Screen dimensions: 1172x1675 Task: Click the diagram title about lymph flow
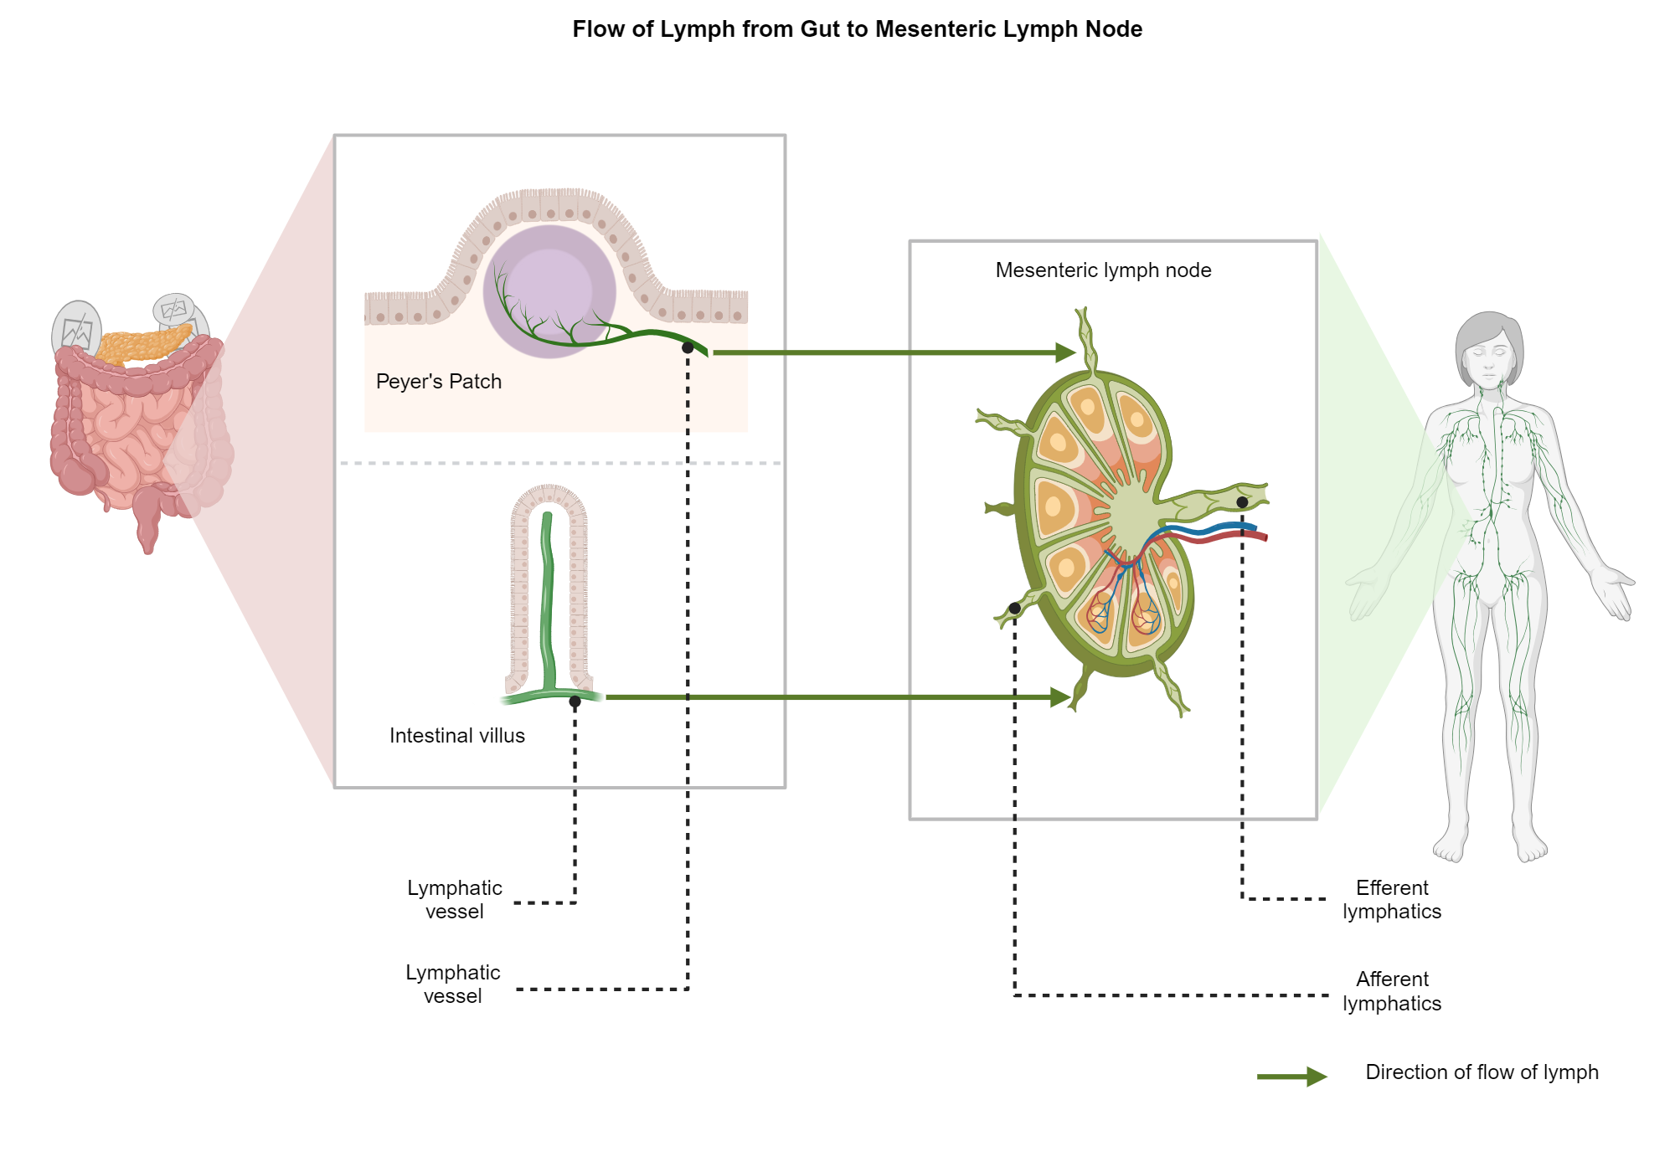point(857,29)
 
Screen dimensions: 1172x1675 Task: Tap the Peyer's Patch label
point(438,382)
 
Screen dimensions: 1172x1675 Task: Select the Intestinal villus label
point(456,736)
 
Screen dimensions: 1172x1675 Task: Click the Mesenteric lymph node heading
point(1103,270)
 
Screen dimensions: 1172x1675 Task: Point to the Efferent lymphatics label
point(1391,900)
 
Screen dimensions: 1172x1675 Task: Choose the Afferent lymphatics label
point(1391,991)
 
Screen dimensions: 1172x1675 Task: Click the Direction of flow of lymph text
point(1481,1072)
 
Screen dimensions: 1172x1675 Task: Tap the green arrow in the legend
point(1292,1077)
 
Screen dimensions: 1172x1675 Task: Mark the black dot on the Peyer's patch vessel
point(688,347)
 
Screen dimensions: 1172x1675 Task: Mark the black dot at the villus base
point(575,702)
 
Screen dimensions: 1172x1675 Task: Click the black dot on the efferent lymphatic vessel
point(1242,502)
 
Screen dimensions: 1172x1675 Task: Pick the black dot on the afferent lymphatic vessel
point(1014,609)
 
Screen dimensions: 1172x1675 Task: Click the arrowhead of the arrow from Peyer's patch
point(1065,352)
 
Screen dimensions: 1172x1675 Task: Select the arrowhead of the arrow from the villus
point(1060,697)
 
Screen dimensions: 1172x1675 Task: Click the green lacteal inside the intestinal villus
point(549,603)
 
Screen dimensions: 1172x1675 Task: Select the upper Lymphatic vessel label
point(454,900)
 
